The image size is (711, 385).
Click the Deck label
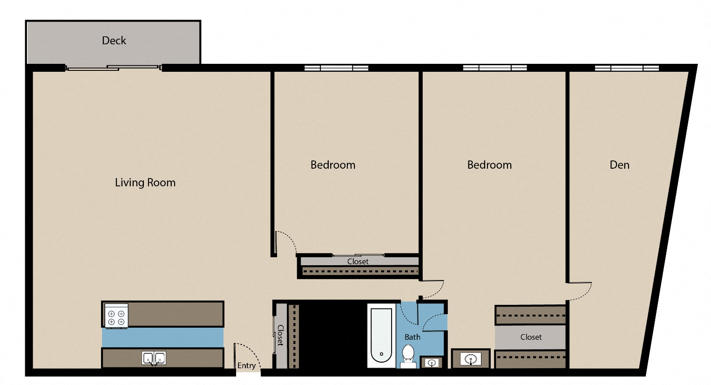(x=114, y=41)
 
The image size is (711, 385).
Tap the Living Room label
(x=145, y=183)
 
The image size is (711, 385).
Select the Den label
(x=619, y=165)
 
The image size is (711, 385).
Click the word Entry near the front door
(x=246, y=365)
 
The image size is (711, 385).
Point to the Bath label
(x=412, y=337)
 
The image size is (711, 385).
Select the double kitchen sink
(x=154, y=358)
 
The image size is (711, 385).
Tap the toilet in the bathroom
(x=408, y=354)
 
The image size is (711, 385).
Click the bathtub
(x=381, y=336)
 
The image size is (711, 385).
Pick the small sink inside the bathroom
(x=432, y=362)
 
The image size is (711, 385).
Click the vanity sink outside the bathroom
(x=470, y=359)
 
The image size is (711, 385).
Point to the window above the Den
(x=627, y=68)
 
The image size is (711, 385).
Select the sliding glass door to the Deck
(x=113, y=68)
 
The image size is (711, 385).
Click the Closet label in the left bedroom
(x=358, y=261)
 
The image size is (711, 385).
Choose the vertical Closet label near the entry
(x=280, y=335)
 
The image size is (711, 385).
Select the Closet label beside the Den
(x=531, y=337)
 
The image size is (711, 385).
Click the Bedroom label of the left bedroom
(x=332, y=165)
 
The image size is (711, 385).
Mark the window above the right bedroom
(x=495, y=68)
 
